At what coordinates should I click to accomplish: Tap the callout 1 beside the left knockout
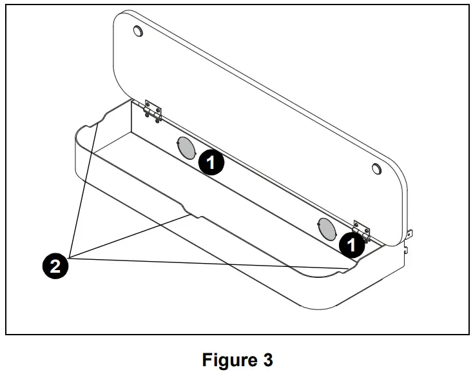[x=211, y=162]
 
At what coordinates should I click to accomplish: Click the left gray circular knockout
[x=186, y=148]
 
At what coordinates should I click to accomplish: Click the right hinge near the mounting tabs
[x=362, y=232]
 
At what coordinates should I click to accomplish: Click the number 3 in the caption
[x=267, y=359]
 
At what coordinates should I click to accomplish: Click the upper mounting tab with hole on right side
[x=410, y=234]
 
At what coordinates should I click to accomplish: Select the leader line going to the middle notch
[x=129, y=237]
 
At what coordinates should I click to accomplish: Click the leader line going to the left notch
[x=84, y=193]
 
